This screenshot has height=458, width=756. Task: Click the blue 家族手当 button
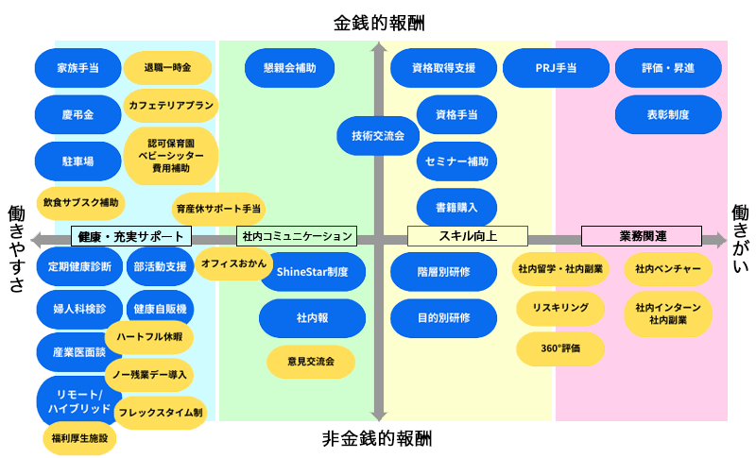coord(77,68)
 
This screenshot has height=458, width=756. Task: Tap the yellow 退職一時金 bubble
coord(167,68)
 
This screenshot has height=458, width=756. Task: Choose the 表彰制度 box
coord(668,114)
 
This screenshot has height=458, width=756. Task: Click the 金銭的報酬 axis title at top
coord(378,22)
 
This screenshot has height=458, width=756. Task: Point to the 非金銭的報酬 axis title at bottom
coord(378,438)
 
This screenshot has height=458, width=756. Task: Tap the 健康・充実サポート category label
coord(131,236)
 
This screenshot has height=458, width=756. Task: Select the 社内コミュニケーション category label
coord(297,236)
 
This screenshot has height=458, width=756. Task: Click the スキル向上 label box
coord(466,236)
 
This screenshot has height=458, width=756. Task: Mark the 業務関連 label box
coord(642,236)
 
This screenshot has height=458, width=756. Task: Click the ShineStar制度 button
coord(312,272)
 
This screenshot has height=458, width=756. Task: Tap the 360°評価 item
coord(560,348)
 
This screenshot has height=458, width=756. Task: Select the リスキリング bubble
coord(560,309)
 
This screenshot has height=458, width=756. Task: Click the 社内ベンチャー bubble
coord(668,269)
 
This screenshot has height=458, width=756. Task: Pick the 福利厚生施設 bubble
coord(80,437)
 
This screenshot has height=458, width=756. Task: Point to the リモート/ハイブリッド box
coord(78,400)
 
